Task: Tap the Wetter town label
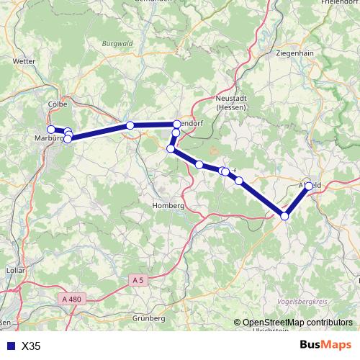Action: coord(24,62)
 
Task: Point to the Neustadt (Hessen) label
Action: coord(230,102)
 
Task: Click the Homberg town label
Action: coord(168,205)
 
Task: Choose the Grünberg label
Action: coord(149,318)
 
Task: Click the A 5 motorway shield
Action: coord(139,279)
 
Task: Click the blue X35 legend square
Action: coord(10,346)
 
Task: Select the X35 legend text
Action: coord(32,346)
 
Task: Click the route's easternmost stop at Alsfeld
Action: coord(310,186)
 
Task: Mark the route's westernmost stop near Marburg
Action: coord(51,130)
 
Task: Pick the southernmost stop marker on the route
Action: coord(284,216)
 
